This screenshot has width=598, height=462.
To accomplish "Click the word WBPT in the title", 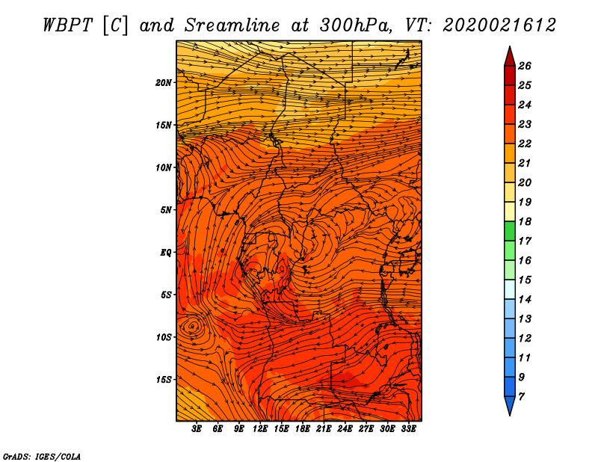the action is click(68, 25).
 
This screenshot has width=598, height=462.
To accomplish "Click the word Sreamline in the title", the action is click(232, 25).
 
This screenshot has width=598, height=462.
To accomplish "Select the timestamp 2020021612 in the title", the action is click(499, 25).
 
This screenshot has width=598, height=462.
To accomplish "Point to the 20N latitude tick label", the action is click(164, 83).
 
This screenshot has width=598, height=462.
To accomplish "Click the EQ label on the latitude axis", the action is click(165, 253).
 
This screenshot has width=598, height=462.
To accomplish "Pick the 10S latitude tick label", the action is click(164, 337).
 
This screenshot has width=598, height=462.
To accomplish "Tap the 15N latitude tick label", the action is click(164, 125).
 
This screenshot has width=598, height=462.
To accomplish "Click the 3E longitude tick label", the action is click(197, 429).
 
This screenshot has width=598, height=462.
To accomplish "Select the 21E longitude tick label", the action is click(324, 429).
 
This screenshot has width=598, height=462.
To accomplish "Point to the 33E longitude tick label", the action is click(408, 429).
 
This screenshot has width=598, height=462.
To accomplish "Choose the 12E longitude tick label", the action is click(259, 429).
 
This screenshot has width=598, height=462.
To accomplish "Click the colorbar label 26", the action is click(525, 66).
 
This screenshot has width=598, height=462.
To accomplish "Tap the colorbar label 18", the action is click(525, 221).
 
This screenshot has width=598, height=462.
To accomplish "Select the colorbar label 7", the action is click(521, 397).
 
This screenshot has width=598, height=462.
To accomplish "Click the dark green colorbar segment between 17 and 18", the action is click(510, 231).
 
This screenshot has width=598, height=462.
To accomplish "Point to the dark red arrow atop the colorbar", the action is click(510, 57).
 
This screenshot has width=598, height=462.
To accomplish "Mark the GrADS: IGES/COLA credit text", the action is click(42, 457).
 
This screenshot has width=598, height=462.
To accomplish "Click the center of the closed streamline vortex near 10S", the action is click(193, 326).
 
